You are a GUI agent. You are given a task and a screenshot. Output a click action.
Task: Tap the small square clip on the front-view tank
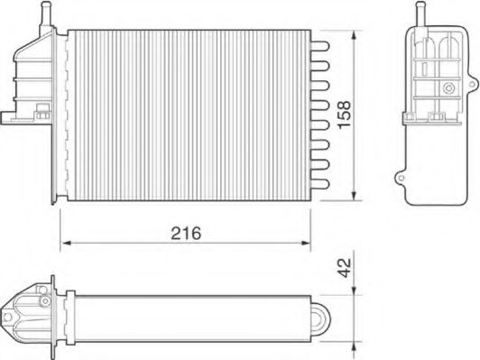(x=41, y=114)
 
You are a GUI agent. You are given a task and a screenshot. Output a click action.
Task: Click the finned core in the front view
(x=189, y=113)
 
